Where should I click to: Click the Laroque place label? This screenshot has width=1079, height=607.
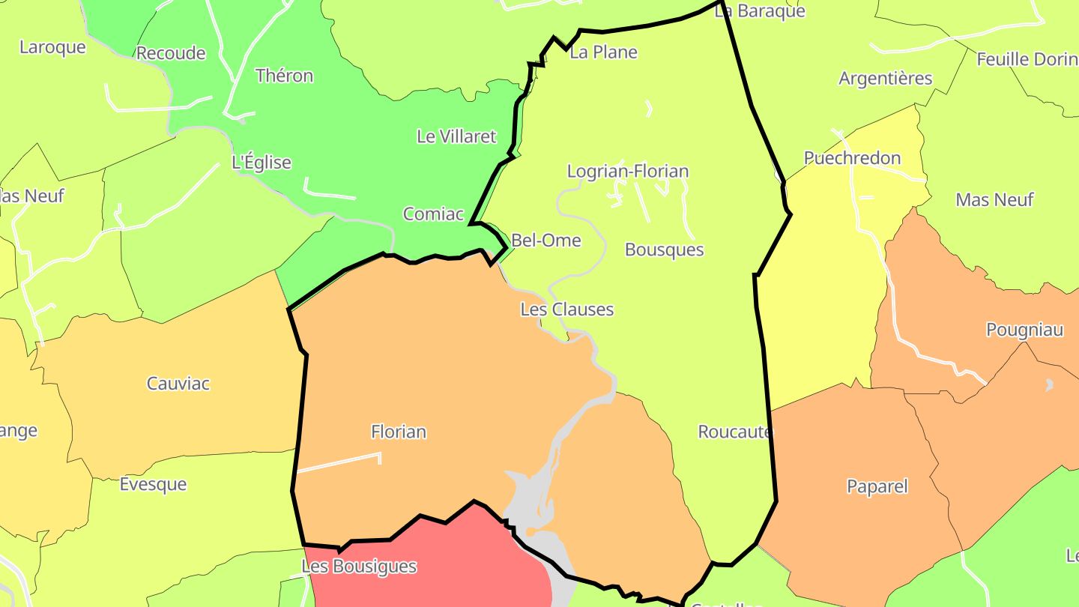(x=52, y=47)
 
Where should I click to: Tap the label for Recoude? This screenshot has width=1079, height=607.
(x=171, y=53)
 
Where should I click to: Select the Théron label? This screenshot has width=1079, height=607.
(x=284, y=76)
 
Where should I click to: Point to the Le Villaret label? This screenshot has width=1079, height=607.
(x=456, y=136)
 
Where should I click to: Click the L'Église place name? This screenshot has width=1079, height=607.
(x=262, y=163)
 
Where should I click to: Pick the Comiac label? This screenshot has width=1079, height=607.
(x=433, y=214)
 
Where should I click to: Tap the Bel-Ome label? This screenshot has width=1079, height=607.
(x=545, y=241)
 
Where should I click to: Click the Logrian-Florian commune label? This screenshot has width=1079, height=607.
(x=627, y=172)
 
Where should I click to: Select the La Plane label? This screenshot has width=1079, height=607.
(x=603, y=52)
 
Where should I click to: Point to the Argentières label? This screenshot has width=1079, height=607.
(x=885, y=79)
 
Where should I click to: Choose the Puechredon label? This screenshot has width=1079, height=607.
(x=852, y=158)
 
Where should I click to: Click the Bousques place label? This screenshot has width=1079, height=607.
(x=664, y=250)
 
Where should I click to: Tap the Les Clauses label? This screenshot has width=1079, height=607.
(x=566, y=309)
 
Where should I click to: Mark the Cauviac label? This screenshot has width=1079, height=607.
(x=178, y=384)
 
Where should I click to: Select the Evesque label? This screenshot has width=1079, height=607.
(x=153, y=484)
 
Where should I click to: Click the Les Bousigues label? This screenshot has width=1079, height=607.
(x=358, y=567)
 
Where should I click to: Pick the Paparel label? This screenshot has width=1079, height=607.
(x=877, y=486)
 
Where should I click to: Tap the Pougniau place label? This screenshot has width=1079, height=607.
(x=1024, y=330)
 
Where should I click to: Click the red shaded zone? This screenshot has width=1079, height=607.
(x=435, y=577)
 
